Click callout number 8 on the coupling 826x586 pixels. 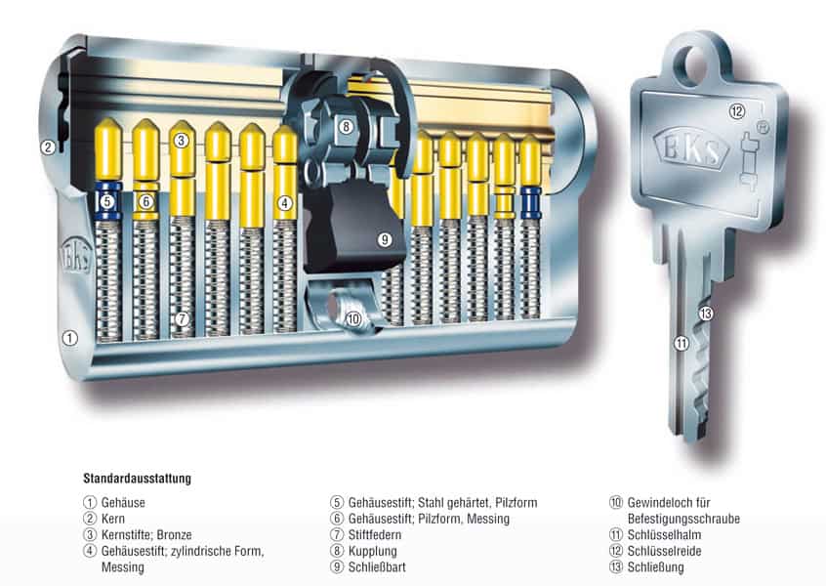(x=346, y=126)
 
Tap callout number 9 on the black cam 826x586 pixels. (x=385, y=240)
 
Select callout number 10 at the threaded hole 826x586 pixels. (x=353, y=318)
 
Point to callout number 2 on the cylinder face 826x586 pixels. (x=48, y=147)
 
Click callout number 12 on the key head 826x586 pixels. (x=736, y=111)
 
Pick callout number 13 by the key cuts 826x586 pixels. (x=706, y=314)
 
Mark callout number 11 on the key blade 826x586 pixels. (x=681, y=344)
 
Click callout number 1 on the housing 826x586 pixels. (x=69, y=338)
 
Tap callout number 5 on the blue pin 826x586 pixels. (x=107, y=201)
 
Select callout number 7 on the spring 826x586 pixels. (x=183, y=318)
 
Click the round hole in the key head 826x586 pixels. (x=695, y=66)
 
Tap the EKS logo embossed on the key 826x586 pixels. (x=690, y=148)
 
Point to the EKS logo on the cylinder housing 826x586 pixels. (x=77, y=257)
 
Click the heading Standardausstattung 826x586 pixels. (x=137, y=479)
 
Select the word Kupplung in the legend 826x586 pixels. (x=372, y=551)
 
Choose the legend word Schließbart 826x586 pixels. (x=377, y=567)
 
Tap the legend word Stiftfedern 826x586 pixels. (x=375, y=535)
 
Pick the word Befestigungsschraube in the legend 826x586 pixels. (x=683, y=519)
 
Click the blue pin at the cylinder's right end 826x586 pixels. (x=531, y=202)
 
